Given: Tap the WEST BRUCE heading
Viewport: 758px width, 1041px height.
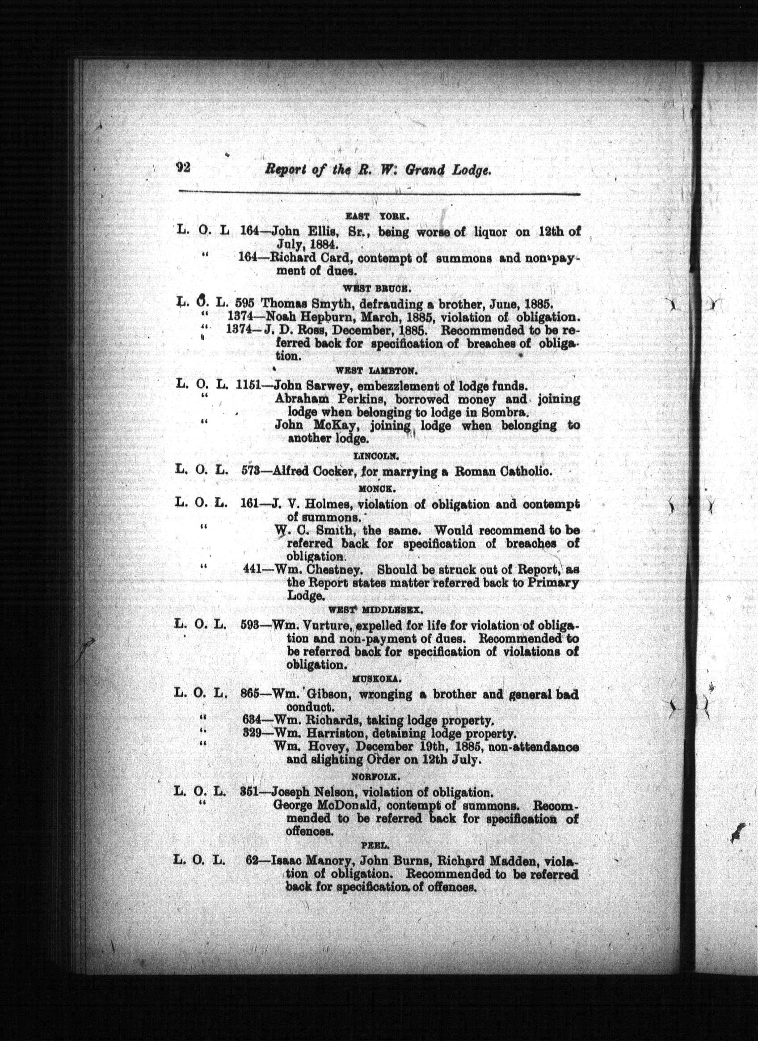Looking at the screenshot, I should [376, 288].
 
